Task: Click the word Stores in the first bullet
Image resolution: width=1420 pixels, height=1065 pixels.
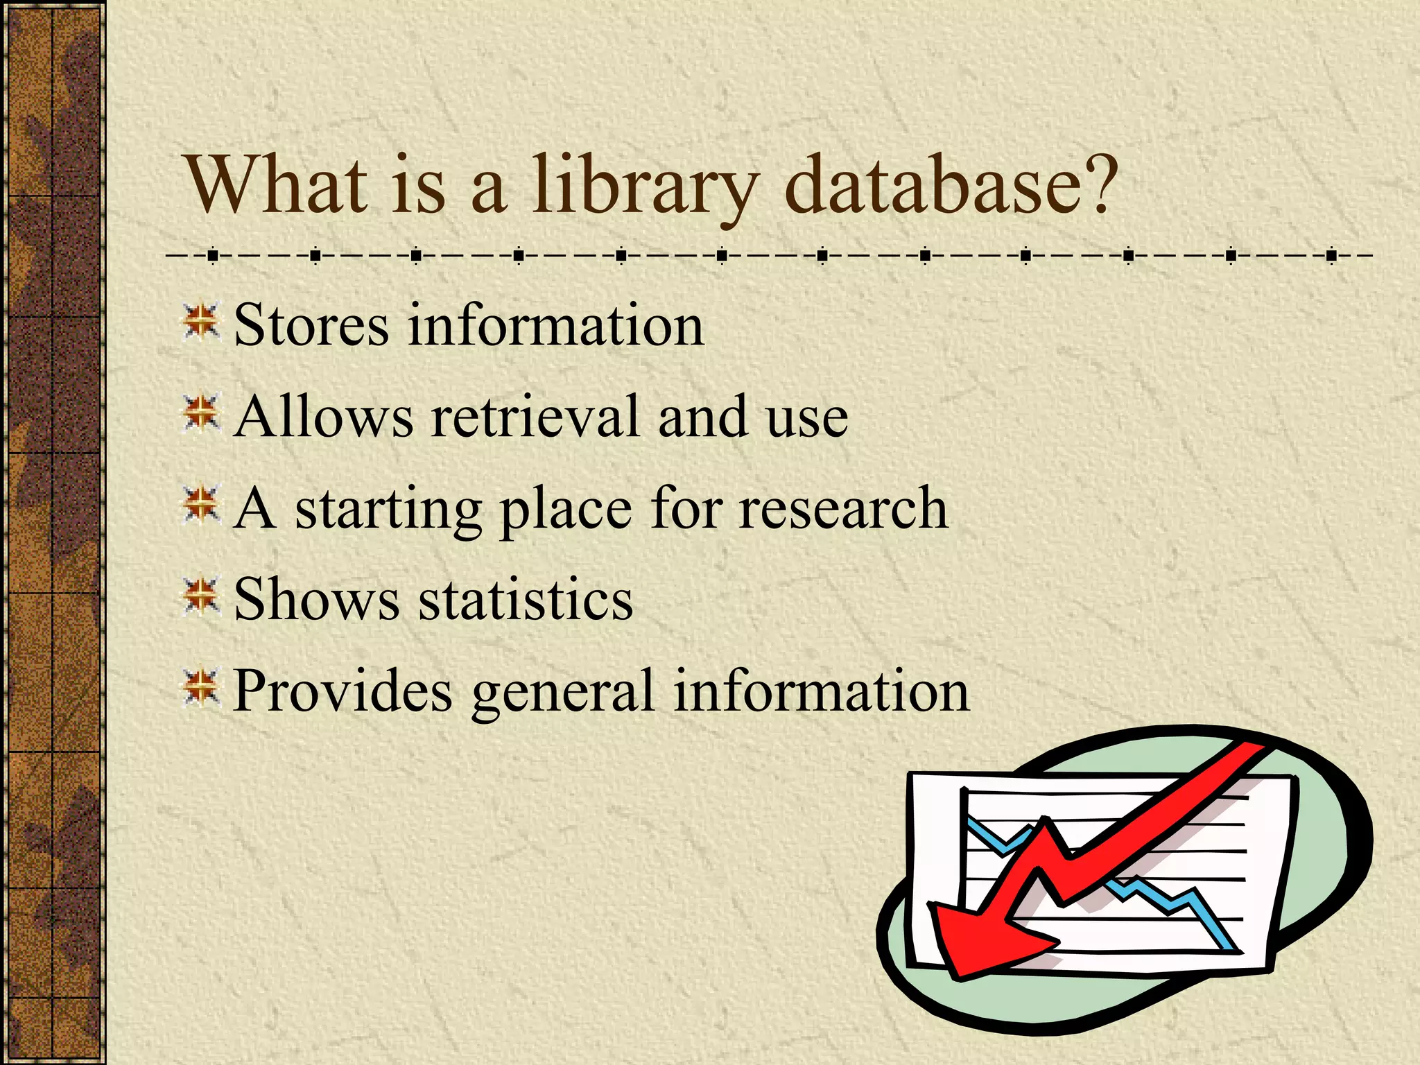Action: coord(311,325)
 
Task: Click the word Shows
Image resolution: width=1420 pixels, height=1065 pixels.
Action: coord(316,599)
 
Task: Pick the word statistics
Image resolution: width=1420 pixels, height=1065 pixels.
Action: coord(526,599)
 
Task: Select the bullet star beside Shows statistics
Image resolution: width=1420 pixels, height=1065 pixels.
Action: coord(201,597)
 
